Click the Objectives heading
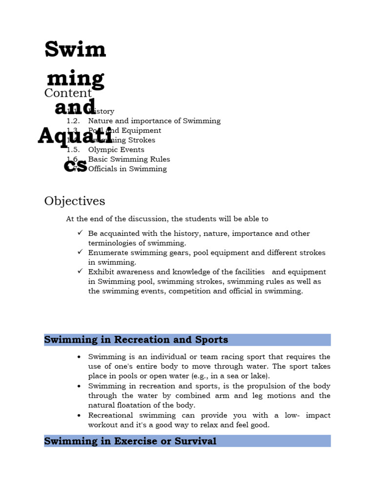(x=74, y=201)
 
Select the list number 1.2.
(x=73, y=121)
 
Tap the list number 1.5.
(x=73, y=149)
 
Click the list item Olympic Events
(x=116, y=149)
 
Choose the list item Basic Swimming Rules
(x=129, y=159)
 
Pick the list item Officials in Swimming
(x=127, y=169)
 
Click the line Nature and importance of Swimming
(x=154, y=121)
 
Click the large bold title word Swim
(x=75, y=49)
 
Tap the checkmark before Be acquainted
(x=80, y=232)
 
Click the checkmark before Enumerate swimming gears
(x=80, y=251)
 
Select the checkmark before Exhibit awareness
(x=80, y=271)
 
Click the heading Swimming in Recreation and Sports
(x=136, y=340)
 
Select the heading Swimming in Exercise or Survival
(x=130, y=441)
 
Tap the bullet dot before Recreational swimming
(x=79, y=416)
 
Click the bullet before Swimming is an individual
(x=79, y=357)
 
